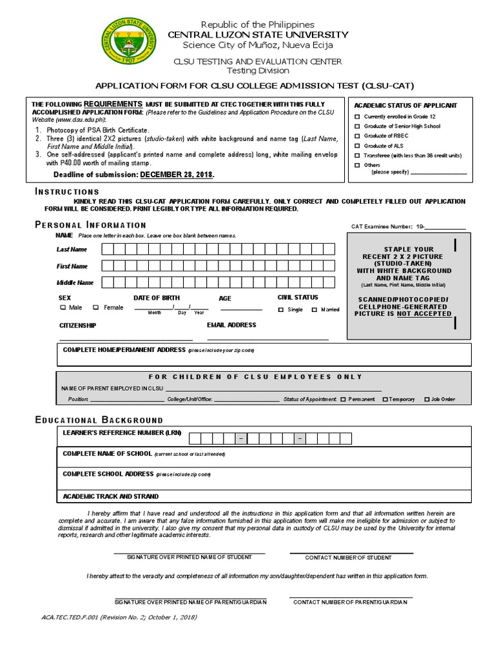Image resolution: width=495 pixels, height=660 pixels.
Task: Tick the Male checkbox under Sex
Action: tap(63, 308)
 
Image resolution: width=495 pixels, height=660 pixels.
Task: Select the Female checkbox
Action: tap(96, 308)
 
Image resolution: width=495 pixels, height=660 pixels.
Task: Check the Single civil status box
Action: tap(281, 310)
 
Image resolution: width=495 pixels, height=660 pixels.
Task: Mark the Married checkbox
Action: tap(315, 310)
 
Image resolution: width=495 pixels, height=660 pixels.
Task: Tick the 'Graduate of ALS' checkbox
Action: tap(357, 146)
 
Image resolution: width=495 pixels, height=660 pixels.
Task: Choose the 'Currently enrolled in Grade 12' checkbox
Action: tap(357, 116)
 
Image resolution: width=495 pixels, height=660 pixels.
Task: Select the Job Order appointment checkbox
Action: tap(427, 400)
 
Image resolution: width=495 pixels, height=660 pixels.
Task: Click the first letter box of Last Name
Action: tap(108, 249)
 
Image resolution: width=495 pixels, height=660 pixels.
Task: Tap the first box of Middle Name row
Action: tap(108, 282)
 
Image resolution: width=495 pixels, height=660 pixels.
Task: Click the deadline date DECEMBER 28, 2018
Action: tap(177, 175)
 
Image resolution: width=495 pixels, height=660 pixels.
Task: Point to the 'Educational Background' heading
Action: tap(99, 420)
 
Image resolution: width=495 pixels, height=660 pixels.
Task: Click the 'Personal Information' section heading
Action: tap(90, 225)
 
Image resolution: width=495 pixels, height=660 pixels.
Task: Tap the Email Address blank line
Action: tap(267, 338)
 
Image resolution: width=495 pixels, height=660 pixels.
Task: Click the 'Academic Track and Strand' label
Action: tap(110, 496)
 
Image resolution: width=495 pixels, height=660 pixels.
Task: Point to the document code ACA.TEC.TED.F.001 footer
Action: tap(119, 617)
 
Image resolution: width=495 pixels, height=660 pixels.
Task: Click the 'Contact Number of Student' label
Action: tap(348, 558)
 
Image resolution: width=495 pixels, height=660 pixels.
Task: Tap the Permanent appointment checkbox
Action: tap(343, 400)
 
